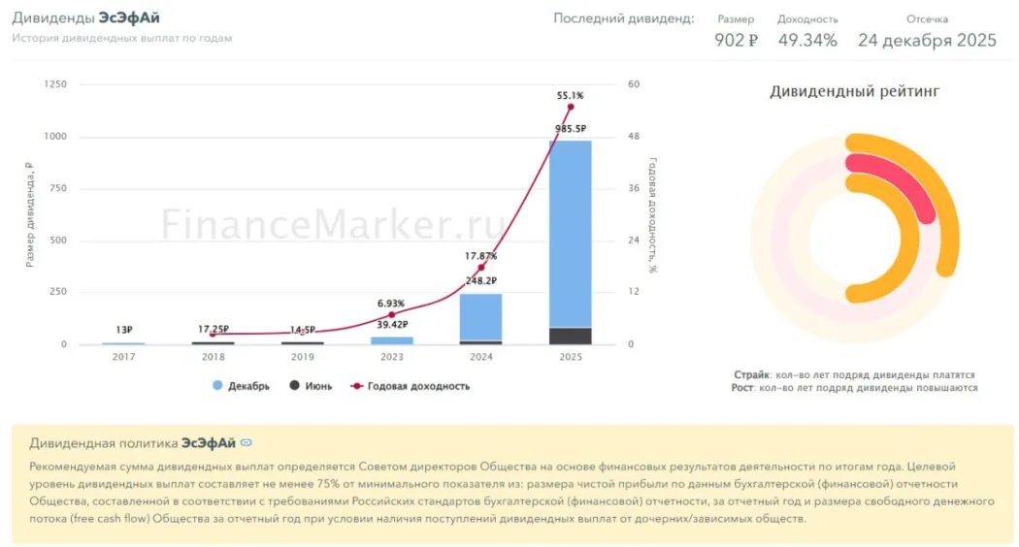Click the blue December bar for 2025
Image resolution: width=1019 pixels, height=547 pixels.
point(570,233)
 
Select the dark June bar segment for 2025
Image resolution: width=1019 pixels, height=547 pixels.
point(570,336)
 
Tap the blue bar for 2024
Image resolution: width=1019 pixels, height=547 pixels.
point(480,316)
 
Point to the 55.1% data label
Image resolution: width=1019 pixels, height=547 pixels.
point(570,96)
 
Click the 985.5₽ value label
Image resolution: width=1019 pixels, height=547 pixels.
point(570,128)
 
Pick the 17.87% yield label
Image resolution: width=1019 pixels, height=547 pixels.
point(480,256)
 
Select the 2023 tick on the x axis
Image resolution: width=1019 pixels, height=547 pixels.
point(391,357)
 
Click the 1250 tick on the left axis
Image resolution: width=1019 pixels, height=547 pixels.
point(55,84)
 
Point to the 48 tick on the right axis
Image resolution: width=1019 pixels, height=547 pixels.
point(634,137)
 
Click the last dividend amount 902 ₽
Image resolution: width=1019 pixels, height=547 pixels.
point(736,40)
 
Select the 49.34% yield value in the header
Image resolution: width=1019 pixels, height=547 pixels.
point(807,40)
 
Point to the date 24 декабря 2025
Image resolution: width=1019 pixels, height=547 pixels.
point(927,40)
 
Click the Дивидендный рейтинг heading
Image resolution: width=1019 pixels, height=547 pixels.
point(854,92)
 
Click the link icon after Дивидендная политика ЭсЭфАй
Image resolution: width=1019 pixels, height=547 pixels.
point(247,443)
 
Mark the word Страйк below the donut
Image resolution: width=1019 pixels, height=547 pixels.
point(751,374)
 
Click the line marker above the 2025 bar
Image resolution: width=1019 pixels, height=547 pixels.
point(570,107)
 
